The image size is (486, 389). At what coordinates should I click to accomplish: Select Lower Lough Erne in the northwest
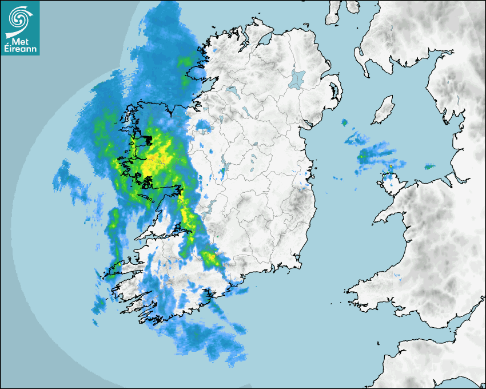(x=231, y=90)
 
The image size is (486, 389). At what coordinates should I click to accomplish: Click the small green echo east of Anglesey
(x=429, y=167)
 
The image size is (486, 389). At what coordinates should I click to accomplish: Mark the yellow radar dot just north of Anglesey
(x=391, y=166)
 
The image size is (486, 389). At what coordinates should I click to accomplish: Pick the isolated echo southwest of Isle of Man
(x=344, y=122)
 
